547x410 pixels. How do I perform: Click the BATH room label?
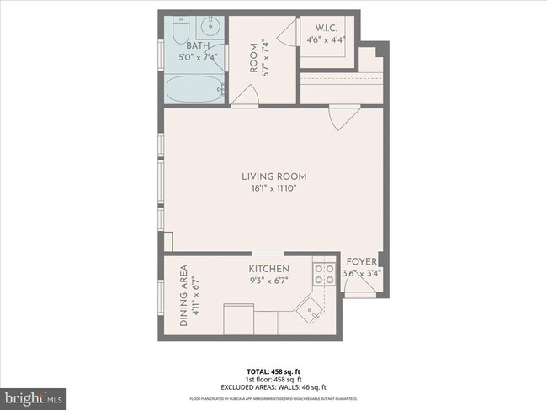coord(197,46)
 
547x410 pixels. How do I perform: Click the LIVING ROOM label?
coord(273,176)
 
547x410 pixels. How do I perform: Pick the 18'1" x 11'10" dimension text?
coord(273,188)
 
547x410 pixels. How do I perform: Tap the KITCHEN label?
coord(269,269)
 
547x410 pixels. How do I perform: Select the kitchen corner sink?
coord(312,312)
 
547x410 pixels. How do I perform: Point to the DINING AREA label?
coord(184,296)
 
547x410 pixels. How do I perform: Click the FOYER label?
coord(362,262)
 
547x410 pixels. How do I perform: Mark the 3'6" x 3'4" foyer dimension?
coord(362,273)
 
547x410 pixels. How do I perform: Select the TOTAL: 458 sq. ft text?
coord(273,370)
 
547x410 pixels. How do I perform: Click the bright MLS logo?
coord(34,395)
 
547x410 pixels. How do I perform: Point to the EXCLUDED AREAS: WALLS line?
coord(273,386)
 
